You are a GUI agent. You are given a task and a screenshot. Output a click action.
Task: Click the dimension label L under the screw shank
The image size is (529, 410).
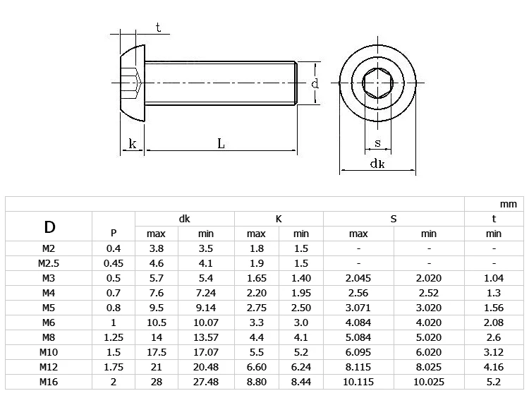click(221, 144)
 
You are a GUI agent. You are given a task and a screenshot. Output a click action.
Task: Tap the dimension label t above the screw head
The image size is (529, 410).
click(158, 28)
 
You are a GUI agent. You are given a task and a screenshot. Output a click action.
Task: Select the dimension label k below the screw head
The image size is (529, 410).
click(133, 144)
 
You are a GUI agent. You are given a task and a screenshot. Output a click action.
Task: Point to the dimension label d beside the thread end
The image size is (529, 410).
click(315, 83)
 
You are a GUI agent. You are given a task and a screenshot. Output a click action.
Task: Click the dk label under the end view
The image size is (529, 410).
click(377, 164)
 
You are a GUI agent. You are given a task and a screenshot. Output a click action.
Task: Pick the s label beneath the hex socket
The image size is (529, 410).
click(377, 143)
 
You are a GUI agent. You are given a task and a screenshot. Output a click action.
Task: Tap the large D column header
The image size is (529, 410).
click(49, 227)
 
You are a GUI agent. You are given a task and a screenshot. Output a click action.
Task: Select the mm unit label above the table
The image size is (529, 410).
click(508, 204)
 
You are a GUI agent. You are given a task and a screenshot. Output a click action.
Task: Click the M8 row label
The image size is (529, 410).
click(49, 337)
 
